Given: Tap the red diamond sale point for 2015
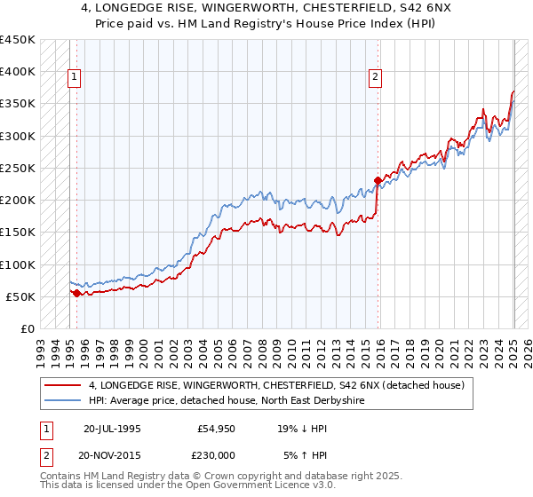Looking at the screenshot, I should pos(378,181).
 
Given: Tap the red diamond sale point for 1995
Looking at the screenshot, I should pos(76,293).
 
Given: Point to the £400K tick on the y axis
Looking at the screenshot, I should pos(18,72).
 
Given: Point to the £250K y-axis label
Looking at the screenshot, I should pos(18,168).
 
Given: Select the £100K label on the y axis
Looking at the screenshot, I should pos(18,264).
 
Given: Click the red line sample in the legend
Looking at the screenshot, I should pos(63,385).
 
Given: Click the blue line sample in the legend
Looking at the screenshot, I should pos(63,400).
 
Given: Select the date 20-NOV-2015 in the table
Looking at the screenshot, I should pos(112,455).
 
